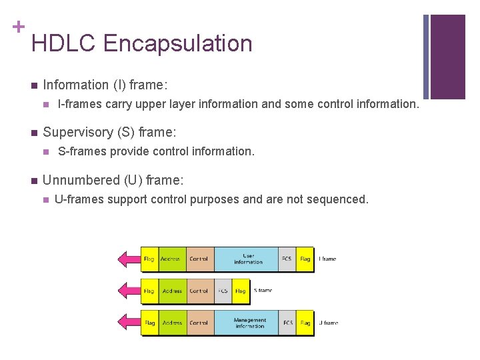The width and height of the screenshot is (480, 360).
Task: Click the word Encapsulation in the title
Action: point(178,43)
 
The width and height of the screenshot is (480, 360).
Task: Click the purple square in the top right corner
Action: point(447,57)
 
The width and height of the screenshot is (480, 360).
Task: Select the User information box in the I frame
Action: point(248,259)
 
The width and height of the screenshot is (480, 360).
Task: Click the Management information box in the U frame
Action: point(249,323)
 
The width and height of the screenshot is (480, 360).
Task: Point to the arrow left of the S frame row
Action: point(127,291)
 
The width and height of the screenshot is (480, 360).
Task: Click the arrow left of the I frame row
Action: point(127,259)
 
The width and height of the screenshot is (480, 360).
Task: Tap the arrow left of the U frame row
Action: point(127,323)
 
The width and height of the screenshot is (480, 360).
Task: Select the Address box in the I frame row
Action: point(171,259)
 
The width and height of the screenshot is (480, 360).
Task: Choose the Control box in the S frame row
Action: point(199,291)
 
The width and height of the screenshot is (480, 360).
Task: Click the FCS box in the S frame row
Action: point(223,291)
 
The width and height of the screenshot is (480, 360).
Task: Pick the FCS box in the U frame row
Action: point(287,323)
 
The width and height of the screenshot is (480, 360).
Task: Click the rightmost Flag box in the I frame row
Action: point(305,259)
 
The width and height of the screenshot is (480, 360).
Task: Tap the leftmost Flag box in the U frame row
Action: point(149,323)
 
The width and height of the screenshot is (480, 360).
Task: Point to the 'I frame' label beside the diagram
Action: point(327,259)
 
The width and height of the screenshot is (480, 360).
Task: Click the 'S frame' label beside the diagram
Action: point(263,291)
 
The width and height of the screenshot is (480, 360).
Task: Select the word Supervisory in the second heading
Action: point(75,133)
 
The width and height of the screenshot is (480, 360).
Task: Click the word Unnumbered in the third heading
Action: point(81,180)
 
